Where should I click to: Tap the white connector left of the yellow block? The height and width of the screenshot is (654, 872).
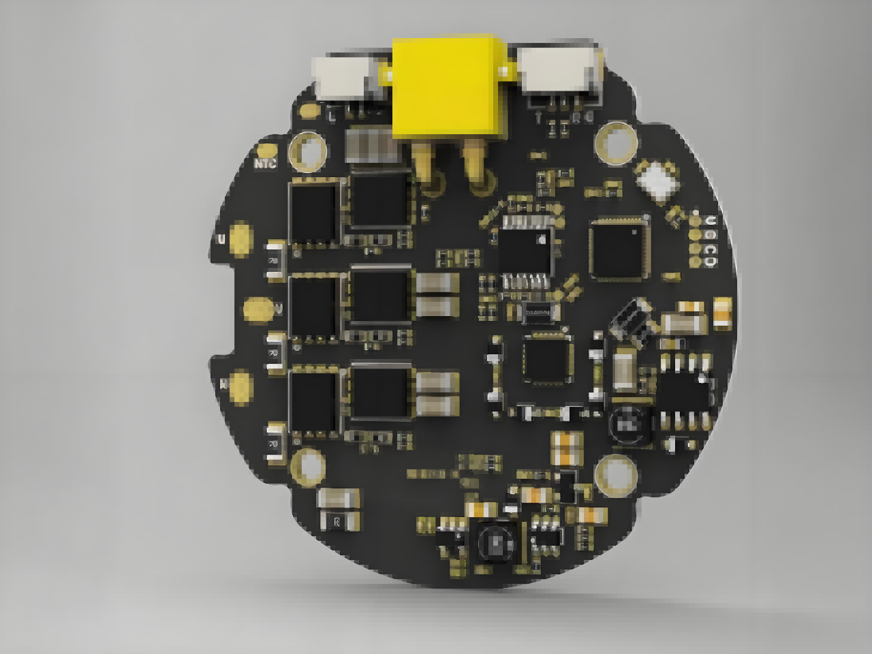[x=345, y=76]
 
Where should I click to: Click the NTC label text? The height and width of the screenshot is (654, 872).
[x=265, y=163]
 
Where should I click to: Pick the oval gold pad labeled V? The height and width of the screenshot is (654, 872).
[x=258, y=310]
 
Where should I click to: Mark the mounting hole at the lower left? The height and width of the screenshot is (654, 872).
[x=309, y=467]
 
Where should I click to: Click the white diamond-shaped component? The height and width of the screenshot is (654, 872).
[x=657, y=178]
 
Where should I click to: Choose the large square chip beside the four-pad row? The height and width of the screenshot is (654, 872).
[x=617, y=249]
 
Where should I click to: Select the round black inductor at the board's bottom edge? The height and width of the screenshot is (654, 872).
[x=495, y=541]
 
